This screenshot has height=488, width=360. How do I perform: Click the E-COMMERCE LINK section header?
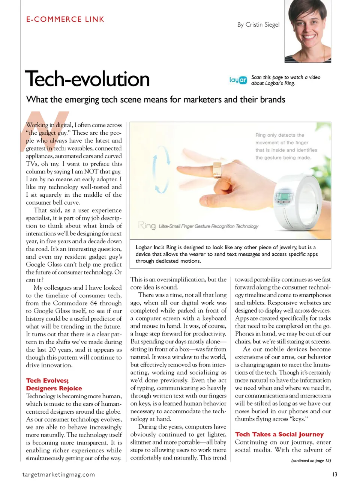[65, 20]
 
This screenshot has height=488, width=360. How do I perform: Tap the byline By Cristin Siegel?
[258, 25]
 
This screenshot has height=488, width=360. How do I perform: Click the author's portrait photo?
[307, 31]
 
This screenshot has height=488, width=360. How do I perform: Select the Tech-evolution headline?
[87, 79]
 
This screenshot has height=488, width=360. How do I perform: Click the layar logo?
[238, 80]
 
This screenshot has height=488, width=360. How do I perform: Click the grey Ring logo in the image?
[147, 225]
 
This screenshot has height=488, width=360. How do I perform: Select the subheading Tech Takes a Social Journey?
[279, 434]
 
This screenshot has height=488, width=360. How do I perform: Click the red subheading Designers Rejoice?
[54, 389]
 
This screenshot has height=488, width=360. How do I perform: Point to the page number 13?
[334, 474]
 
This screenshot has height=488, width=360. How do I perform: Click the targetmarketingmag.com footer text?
[58, 474]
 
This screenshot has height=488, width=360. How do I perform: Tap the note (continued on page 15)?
[311, 461]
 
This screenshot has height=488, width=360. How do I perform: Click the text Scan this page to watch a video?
[286, 77]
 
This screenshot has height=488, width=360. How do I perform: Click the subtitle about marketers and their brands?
[156, 99]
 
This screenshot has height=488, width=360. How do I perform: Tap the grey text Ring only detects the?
[280, 135]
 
